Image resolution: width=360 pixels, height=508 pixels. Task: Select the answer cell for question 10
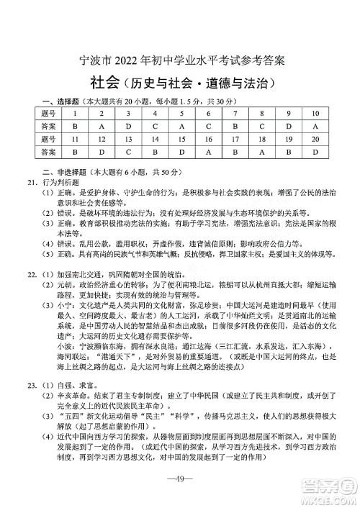coord(315,126)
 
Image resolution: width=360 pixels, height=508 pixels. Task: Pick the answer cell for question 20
coord(315,153)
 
